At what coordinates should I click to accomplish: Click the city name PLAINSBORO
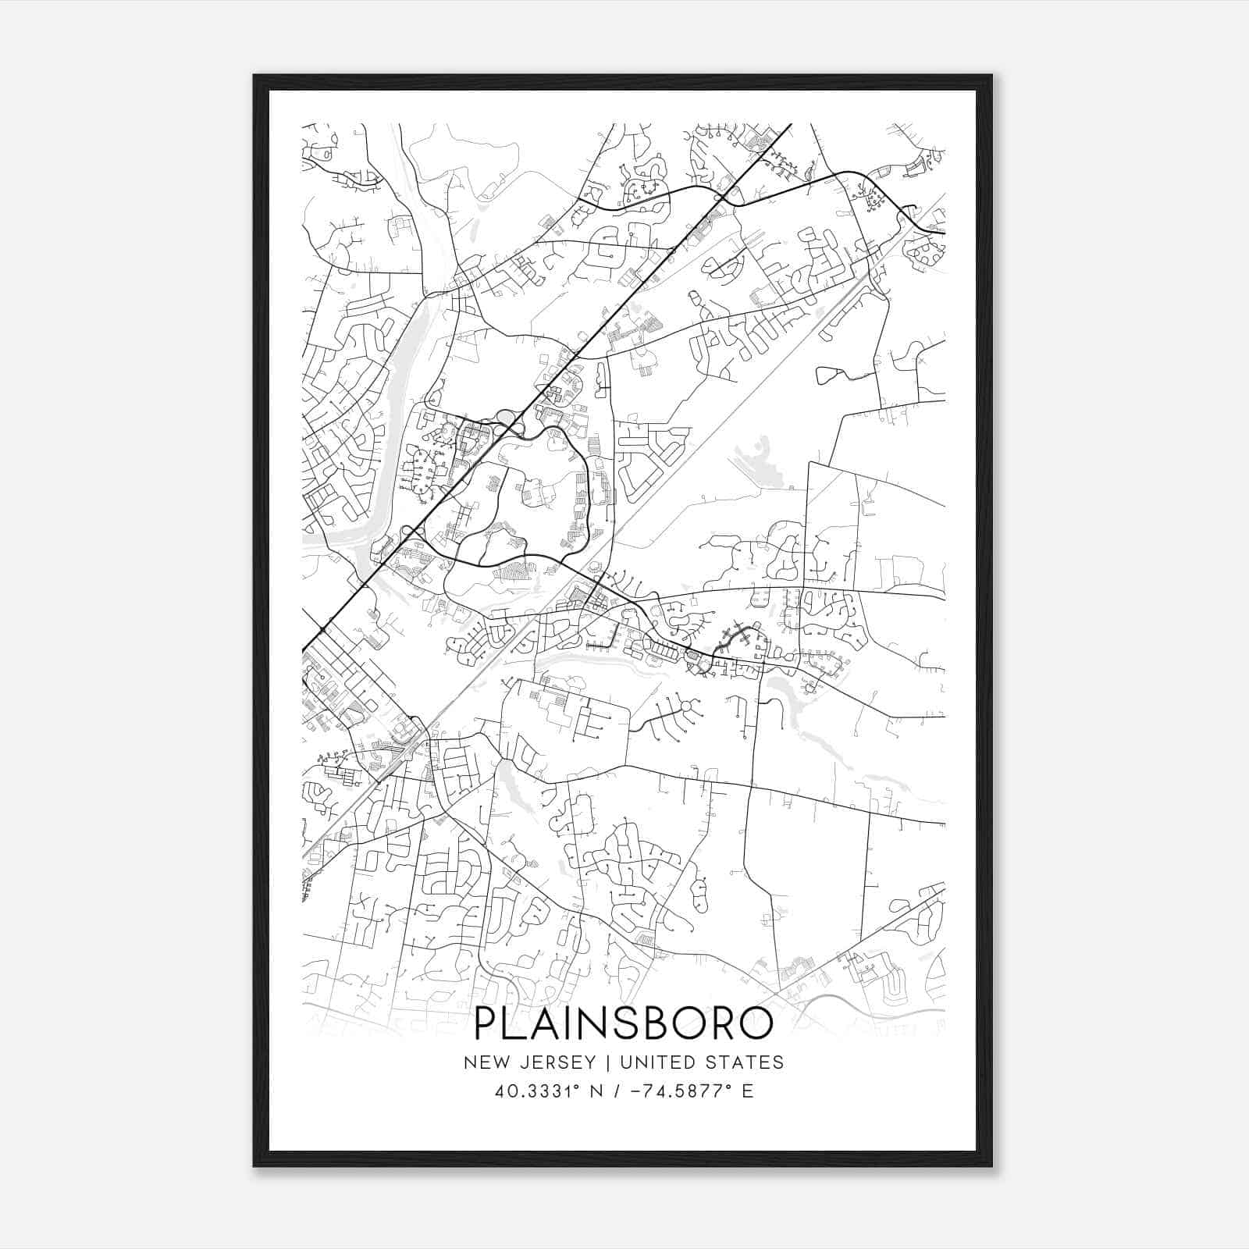(x=624, y=1024)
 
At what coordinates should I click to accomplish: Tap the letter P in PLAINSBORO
(x=487, y=1024)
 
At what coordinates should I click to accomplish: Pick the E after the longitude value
(x=748, y=1091)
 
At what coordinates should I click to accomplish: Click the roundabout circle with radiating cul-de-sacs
(x=686, y=707)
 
